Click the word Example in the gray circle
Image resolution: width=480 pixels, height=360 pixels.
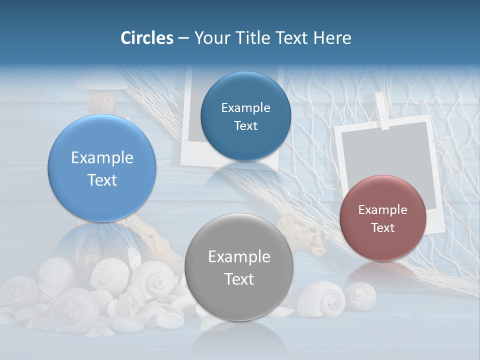(239, 257)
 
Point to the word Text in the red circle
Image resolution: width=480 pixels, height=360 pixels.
(383, 228)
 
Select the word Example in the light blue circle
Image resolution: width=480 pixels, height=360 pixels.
(102, 158)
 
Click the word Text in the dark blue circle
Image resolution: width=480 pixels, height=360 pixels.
(245, 126)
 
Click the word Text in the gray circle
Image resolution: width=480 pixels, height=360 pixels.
(239, 279)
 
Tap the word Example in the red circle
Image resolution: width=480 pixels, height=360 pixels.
(383, 210)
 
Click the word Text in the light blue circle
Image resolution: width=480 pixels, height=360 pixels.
(102, 180)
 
